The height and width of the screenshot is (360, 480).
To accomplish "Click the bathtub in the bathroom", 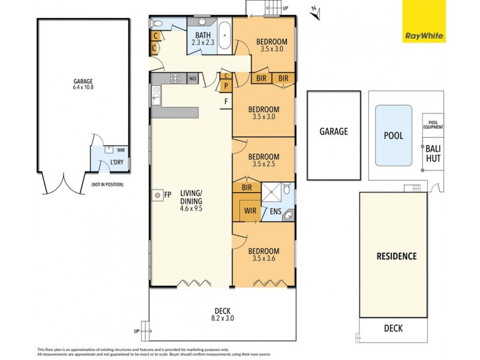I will pos(224,36).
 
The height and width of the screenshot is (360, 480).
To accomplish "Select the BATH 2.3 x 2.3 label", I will pos(202,39).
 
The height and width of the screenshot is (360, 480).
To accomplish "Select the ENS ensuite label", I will pos(276,211).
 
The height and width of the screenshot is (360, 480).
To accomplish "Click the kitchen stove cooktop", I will pos(176,78).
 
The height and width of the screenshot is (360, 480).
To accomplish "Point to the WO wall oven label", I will pos(193,79).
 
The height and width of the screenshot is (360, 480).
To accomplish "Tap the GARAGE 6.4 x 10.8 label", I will pos(83,84).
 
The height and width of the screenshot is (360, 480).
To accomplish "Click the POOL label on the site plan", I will pos(393,136).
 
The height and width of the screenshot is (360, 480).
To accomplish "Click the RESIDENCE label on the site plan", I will pos(396,256).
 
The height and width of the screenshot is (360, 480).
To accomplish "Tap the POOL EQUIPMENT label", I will pos(433,124).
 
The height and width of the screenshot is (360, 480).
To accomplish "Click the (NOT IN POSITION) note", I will pos(107,185).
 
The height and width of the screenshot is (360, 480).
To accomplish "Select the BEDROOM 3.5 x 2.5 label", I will pos(264,160).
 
